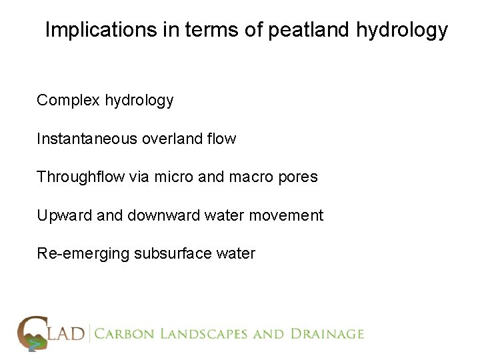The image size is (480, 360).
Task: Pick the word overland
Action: [x=170, y=139]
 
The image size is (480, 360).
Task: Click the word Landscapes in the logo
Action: [x=203, y=334]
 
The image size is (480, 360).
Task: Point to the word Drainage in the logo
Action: [x=325, y=334]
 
